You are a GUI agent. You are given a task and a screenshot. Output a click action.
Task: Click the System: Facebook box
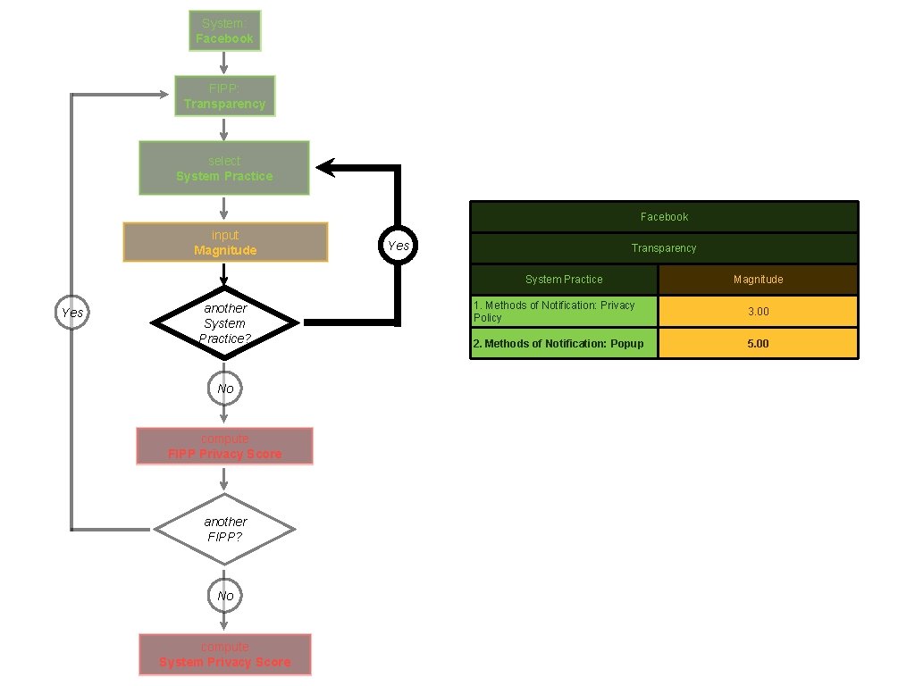(x=224, y=30)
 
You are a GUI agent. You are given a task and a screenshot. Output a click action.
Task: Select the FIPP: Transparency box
(x=224, y=96)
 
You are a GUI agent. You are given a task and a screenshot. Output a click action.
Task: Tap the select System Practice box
(x=224, y=168)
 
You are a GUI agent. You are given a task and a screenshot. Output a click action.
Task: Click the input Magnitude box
(x=225, y=242)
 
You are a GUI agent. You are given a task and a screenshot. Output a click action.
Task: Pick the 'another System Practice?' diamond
(x=224, y=322)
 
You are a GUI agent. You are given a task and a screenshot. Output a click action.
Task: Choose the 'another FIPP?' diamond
(x=224, y=530)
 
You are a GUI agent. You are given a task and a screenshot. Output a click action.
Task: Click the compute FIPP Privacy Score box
(x=224, y=447)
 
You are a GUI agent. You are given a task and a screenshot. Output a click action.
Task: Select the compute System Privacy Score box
(x=225, y=655)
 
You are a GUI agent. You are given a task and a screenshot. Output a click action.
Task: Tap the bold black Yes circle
(x=398, y=246)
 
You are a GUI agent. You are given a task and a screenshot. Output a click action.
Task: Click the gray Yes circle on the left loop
(x=71, y=313)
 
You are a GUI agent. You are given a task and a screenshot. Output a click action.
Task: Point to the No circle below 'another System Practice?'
(x=225, y=389)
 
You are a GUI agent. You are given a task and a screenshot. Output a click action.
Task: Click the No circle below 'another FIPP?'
(x=225, y=596)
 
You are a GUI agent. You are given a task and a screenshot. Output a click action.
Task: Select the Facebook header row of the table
(x=664, y=217)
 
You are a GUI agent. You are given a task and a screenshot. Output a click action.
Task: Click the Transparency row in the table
(x=664, y=248)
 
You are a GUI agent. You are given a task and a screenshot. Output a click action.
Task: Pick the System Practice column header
(x=564, y=280)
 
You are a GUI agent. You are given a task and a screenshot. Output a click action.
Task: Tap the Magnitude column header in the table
(x=758, y=280)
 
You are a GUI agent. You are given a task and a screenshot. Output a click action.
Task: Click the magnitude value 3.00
(x=758, y=312)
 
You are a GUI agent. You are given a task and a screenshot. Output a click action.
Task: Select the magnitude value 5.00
(x=758, y=343)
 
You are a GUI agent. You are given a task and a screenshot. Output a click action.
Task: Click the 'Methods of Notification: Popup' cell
(x=564, y=343)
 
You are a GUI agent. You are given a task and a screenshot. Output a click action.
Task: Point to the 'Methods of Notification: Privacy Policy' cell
(x=564, y=312)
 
